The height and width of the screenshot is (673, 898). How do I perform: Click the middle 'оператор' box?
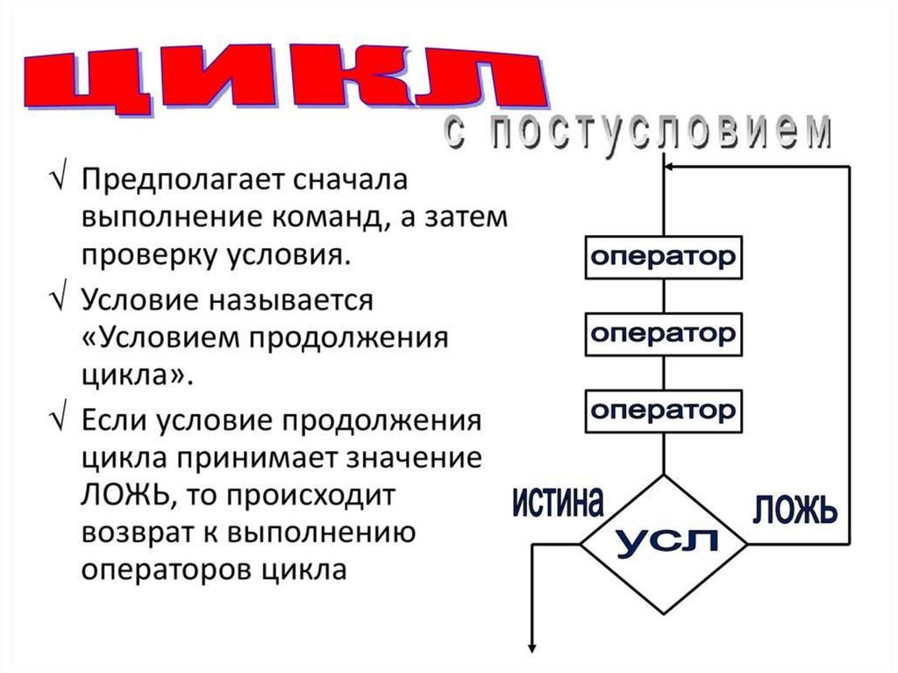point(663,334)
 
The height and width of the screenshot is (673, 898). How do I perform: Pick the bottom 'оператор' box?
point(663,410)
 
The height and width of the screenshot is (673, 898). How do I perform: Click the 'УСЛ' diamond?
point(665,543)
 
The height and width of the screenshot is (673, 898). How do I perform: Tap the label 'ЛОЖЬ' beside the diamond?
point(794,508)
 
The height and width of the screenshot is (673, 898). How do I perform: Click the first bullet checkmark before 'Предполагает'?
point(56,180)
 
